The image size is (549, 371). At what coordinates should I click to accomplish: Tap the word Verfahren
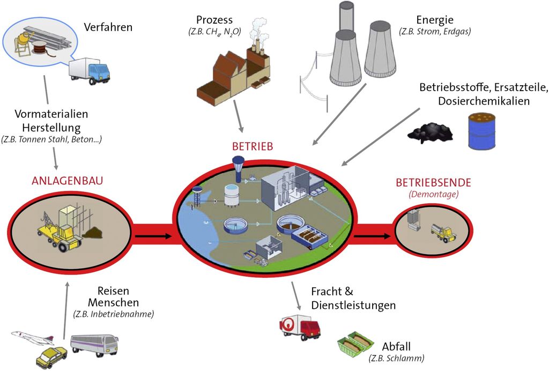[108, 27]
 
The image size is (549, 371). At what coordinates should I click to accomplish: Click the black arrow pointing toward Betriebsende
[372, 235]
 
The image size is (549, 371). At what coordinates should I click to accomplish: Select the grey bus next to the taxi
[94, 345]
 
